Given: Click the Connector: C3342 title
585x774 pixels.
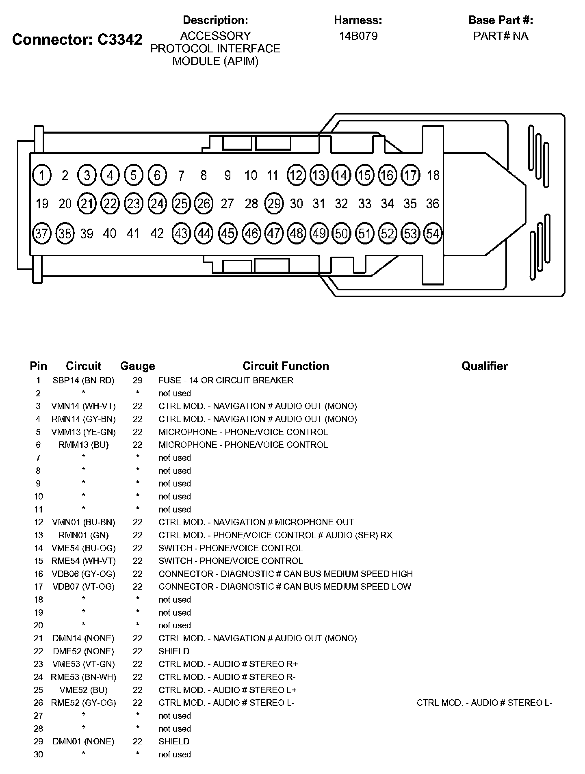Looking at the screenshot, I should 77,39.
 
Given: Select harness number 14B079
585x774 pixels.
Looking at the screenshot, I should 358,36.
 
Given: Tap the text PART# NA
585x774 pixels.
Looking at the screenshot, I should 500,36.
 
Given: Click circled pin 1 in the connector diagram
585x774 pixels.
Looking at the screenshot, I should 41,175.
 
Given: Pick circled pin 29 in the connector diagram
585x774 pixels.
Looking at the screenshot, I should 274,203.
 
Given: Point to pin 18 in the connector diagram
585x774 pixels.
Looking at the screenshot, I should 433,175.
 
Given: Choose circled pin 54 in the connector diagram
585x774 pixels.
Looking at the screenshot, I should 433,233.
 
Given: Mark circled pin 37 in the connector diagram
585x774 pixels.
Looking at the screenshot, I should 41,233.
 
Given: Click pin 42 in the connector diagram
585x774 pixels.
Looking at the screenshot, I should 157,233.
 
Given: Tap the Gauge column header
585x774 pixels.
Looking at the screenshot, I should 137,366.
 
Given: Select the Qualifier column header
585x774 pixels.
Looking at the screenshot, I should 484,366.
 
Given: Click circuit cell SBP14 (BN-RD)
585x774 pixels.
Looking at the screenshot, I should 83,381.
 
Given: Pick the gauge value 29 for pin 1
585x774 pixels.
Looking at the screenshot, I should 137,381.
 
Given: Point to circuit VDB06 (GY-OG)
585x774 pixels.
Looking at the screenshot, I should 83,574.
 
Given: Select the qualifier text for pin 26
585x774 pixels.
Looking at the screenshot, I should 484,703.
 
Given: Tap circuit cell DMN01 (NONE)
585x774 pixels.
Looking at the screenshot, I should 83,742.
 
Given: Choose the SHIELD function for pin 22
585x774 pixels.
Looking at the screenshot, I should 174,651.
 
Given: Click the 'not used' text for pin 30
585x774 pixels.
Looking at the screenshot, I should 175,755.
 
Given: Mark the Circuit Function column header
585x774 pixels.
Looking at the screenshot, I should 286,366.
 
